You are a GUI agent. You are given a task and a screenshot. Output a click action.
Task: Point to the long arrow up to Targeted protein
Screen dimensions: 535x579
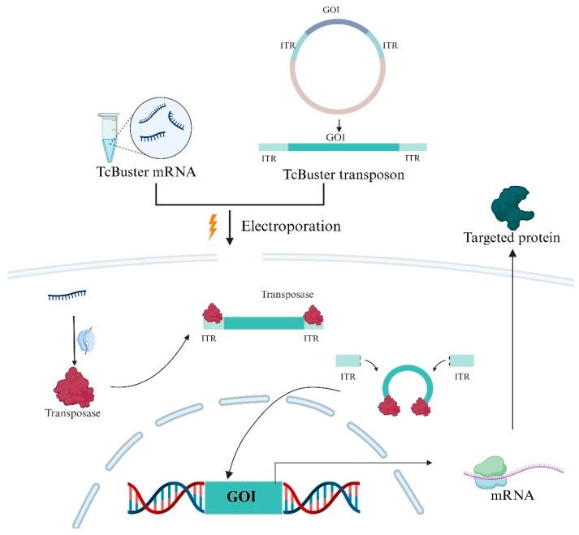pos(512,341)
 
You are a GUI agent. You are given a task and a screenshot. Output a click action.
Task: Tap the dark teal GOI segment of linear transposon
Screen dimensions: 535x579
pos(344,147)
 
